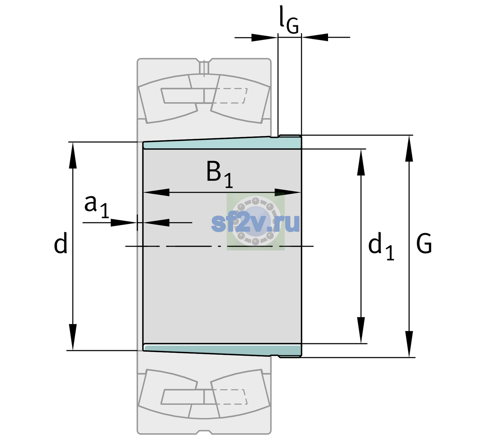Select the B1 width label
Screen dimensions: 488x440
click(x=219, y=174)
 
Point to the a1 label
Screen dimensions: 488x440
click(x=96, y=207)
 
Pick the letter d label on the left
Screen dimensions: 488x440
click(x=60, y=243)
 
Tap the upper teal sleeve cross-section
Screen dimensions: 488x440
click(x=222, y=143)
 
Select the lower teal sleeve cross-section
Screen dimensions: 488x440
click(x=222, y=350)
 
